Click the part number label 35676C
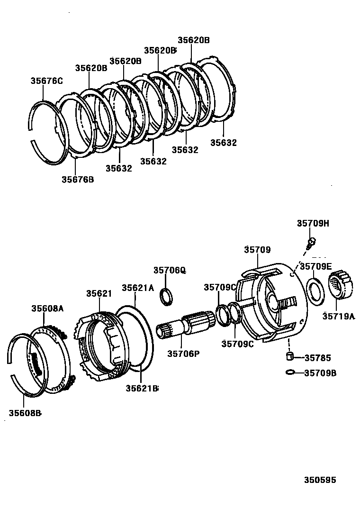point(46,81)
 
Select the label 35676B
point(78,179)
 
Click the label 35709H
point(313,224)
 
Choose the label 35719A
point(338,316)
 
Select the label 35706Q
point(169,270)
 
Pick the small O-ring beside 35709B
point(290,373)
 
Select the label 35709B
point(320,373)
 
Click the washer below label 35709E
point(315,290)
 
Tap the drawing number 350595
point(320,480)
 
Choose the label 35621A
point(138,288)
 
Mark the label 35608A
point(47,309)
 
